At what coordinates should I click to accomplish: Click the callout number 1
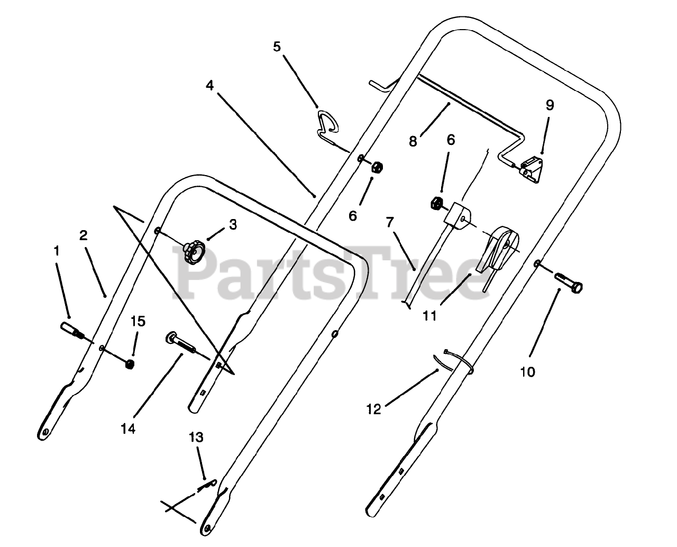point(57,252)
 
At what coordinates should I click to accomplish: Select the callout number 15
point(138,322)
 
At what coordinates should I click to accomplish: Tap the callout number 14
point(128,429)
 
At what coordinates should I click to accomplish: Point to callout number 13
point(196,438)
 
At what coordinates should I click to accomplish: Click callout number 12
point(373,409)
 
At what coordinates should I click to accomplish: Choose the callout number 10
point(527,372)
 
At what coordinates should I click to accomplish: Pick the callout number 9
point(550,105)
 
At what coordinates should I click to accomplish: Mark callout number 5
point(277,47)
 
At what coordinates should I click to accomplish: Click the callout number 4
point(210,85)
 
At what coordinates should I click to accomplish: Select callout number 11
point(429,316)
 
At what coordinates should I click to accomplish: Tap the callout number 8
point(413,141)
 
